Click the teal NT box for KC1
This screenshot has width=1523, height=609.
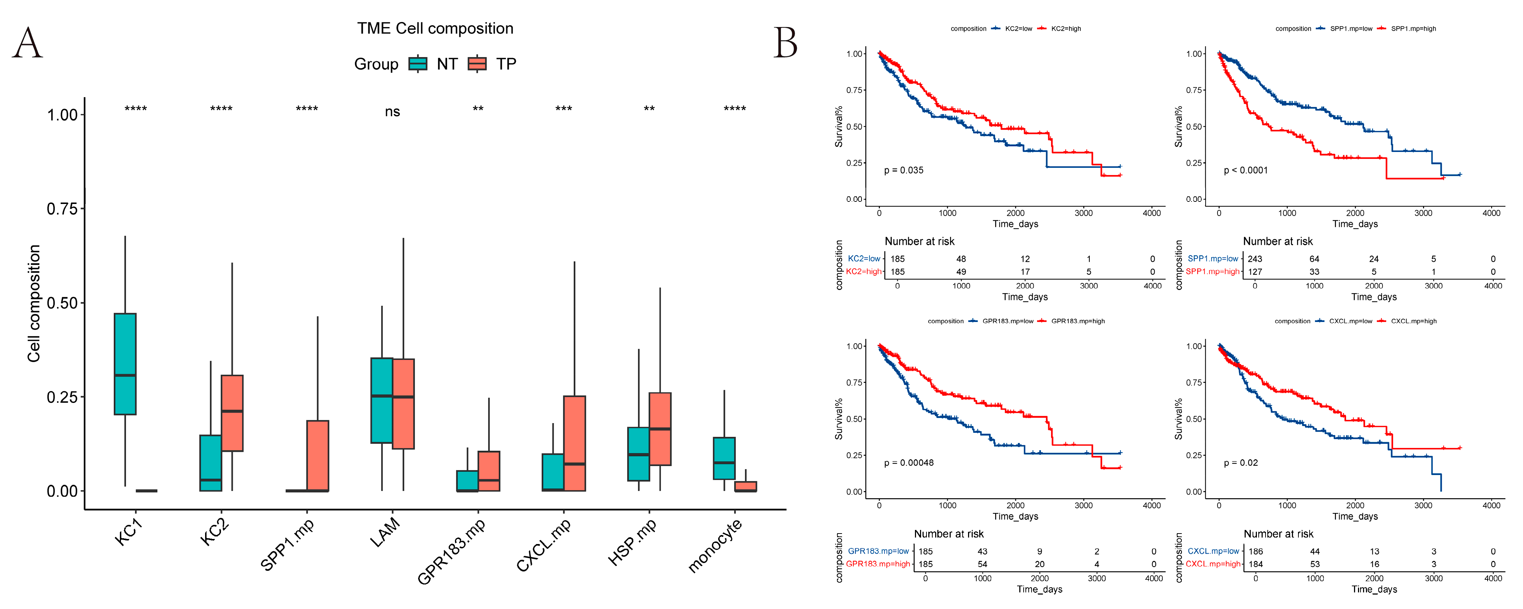click(x=125, y=364)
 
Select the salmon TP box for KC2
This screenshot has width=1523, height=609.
click(x=232, y=413)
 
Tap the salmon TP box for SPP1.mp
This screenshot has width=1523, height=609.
click(x=317, y=455)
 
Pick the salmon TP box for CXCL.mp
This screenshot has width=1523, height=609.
click(x=574, y=443)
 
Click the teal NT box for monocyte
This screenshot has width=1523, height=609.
click(x=724, y=458)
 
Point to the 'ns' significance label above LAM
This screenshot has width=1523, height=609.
click(x=392, y=112)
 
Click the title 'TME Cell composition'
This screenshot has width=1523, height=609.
click(x=435, y=29)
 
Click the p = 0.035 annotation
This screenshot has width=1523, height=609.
click(x=903, y=170)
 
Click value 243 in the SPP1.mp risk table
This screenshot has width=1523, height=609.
click(x=1255, y=259)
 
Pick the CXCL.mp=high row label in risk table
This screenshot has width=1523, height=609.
click(x=1212, y=564)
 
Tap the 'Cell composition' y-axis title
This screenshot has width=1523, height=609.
click(x=34, y=303)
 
